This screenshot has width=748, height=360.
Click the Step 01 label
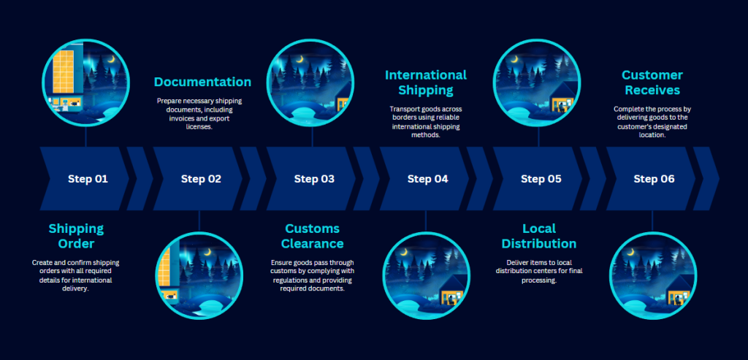point(88,180)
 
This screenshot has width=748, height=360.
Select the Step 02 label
point(201,180)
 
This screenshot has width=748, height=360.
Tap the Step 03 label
point(314,180)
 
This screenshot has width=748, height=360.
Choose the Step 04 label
point(427,180)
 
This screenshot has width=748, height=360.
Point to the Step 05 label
point(541,180)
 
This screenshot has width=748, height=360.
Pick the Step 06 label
point(654,180)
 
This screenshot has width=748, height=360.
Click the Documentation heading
point(202,82)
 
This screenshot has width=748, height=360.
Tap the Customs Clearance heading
point(313,236)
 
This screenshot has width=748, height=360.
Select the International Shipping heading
point(426,83)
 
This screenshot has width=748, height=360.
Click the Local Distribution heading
point(539,236)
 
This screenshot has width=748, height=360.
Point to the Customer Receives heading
point(652,83)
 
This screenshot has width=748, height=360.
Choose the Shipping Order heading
point(76,236)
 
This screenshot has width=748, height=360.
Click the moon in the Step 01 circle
point(111,60)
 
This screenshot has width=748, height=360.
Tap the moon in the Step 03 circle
point(300,60)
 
